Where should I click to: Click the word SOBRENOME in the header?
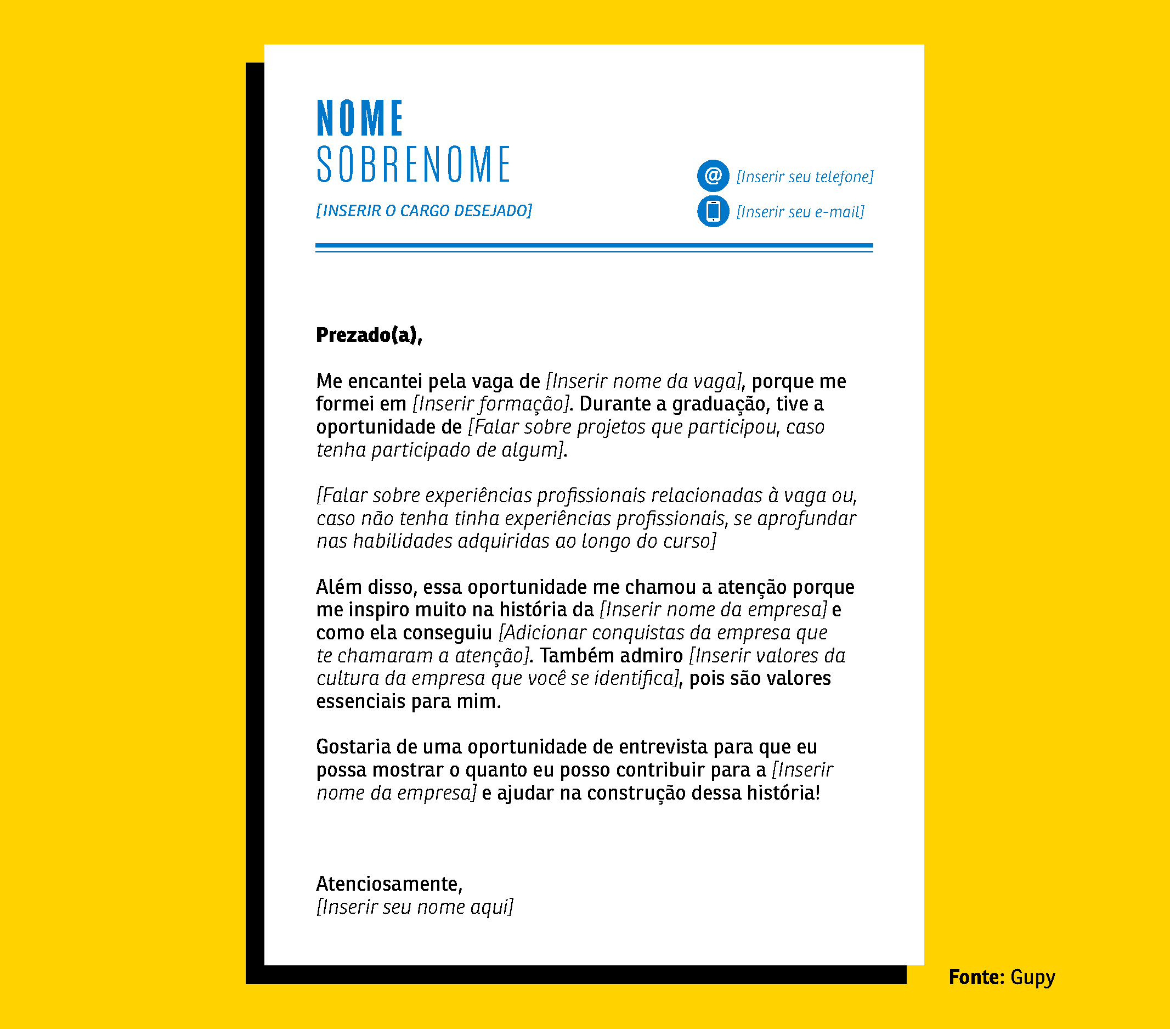coord(413,165)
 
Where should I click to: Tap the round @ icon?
coord(713,175)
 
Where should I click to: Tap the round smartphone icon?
coord(713,211)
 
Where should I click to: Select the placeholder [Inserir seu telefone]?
coord(804,177)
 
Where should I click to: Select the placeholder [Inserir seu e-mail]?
coord(800,212)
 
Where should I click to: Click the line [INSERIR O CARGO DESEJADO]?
coord(423,211)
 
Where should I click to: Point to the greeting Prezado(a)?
coord(369,335)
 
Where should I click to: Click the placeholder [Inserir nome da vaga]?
coord(644,381)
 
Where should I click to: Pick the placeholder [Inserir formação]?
coord(491,404)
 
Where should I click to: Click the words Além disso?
coord(366,587)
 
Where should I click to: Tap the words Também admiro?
coord(611,656)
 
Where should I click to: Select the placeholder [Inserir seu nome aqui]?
coord(415,907)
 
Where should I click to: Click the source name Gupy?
coord(1032,977)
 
